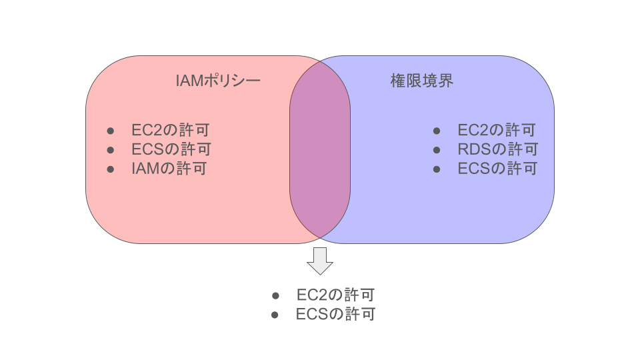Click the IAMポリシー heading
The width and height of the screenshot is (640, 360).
pos(217,81)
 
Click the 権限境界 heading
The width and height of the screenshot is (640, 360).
pos(421,81)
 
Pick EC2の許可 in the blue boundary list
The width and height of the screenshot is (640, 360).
pos(496,130)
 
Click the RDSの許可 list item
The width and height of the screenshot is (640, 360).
pos(497,149)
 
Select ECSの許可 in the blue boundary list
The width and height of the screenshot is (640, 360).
pos(497,168)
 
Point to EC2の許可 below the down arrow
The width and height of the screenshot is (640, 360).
pos(335,295)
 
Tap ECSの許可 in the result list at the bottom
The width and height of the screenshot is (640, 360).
pos(335,314)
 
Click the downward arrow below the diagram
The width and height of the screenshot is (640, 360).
pos(320,261)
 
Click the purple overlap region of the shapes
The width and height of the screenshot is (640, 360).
pos(320,150)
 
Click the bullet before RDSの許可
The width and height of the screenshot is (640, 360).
pos(437,149)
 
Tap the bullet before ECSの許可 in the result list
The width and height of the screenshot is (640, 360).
pos(275,315)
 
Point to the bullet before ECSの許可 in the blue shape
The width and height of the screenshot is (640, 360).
pos(437,169)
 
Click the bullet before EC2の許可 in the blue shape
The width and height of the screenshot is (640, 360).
pos(437,131)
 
